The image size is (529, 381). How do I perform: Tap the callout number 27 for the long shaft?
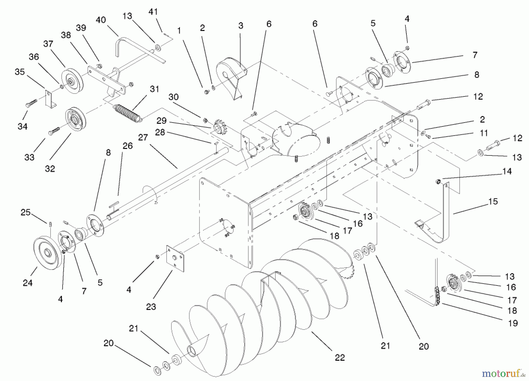143,137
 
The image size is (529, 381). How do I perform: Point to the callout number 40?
101,20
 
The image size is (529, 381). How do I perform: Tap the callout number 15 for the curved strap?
493,201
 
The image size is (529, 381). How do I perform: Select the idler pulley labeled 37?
72,80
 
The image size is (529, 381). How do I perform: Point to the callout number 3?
241,26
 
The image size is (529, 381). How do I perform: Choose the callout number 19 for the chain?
513,323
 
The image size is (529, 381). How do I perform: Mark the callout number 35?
20,72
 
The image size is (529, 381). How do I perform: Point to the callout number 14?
507,171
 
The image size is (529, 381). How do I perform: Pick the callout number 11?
483,133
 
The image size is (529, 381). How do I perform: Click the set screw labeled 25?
50,225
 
